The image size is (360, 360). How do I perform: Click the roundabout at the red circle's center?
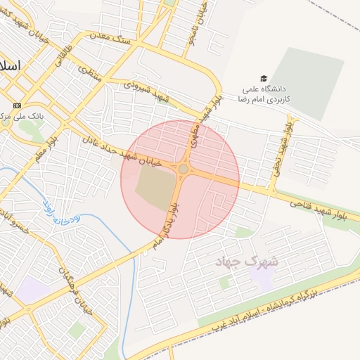pyautogui.click(x=184, y=169)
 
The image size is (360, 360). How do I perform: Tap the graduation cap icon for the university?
pyautogui.click(x=264, y=78)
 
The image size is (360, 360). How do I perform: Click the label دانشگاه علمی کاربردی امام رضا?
pyautogui.click(x=266, y=94)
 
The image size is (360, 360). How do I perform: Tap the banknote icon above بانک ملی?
pyautogui.click(x=17, y=104)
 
